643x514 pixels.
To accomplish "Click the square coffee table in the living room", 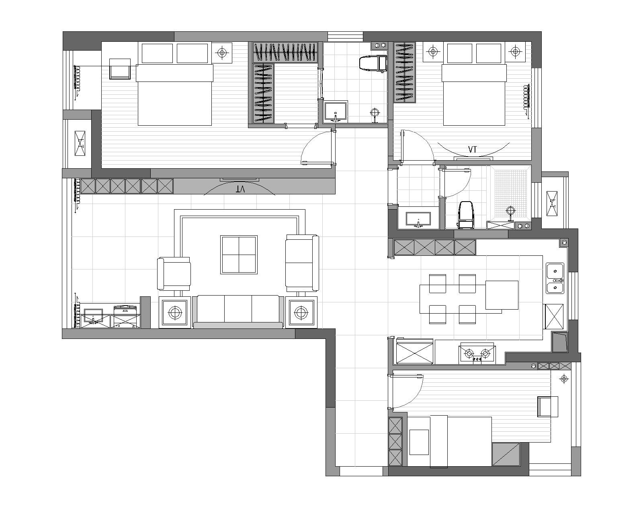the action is pyautogui.click(x=239, y=255).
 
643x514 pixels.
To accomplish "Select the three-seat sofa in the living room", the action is pyautogui.click(x=238, y=312).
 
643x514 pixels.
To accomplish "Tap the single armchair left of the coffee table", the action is pyautogui.click(x=174, y=273).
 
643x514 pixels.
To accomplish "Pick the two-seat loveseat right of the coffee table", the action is pyautogui.click(x=302, y=263).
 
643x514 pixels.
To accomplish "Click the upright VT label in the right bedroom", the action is pyautogui.click(x=472, y=149).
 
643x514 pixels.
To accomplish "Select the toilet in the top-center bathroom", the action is pyautogui.click(x=373, y=63).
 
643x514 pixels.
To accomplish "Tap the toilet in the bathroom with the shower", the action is pyautogui.click(x=465, y=215).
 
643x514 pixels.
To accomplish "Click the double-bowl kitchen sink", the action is pyautogui.click(x=555, y=278).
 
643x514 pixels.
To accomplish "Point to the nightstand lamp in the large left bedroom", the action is pyautogui.click(x=222, y=53).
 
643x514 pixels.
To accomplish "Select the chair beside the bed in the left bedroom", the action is pyautogui.click(x=120, y=69).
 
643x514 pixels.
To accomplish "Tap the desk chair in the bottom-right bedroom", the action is pyautogui.click(x=547, y=406).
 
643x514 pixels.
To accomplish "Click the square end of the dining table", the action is pyautogui.click(x=502, y=295).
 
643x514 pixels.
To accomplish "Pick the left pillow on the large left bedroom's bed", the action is pyautogui.click(x=158, y=53).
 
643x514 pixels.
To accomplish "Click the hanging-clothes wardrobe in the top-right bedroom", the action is pyautogui.click(x=405, y=72).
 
